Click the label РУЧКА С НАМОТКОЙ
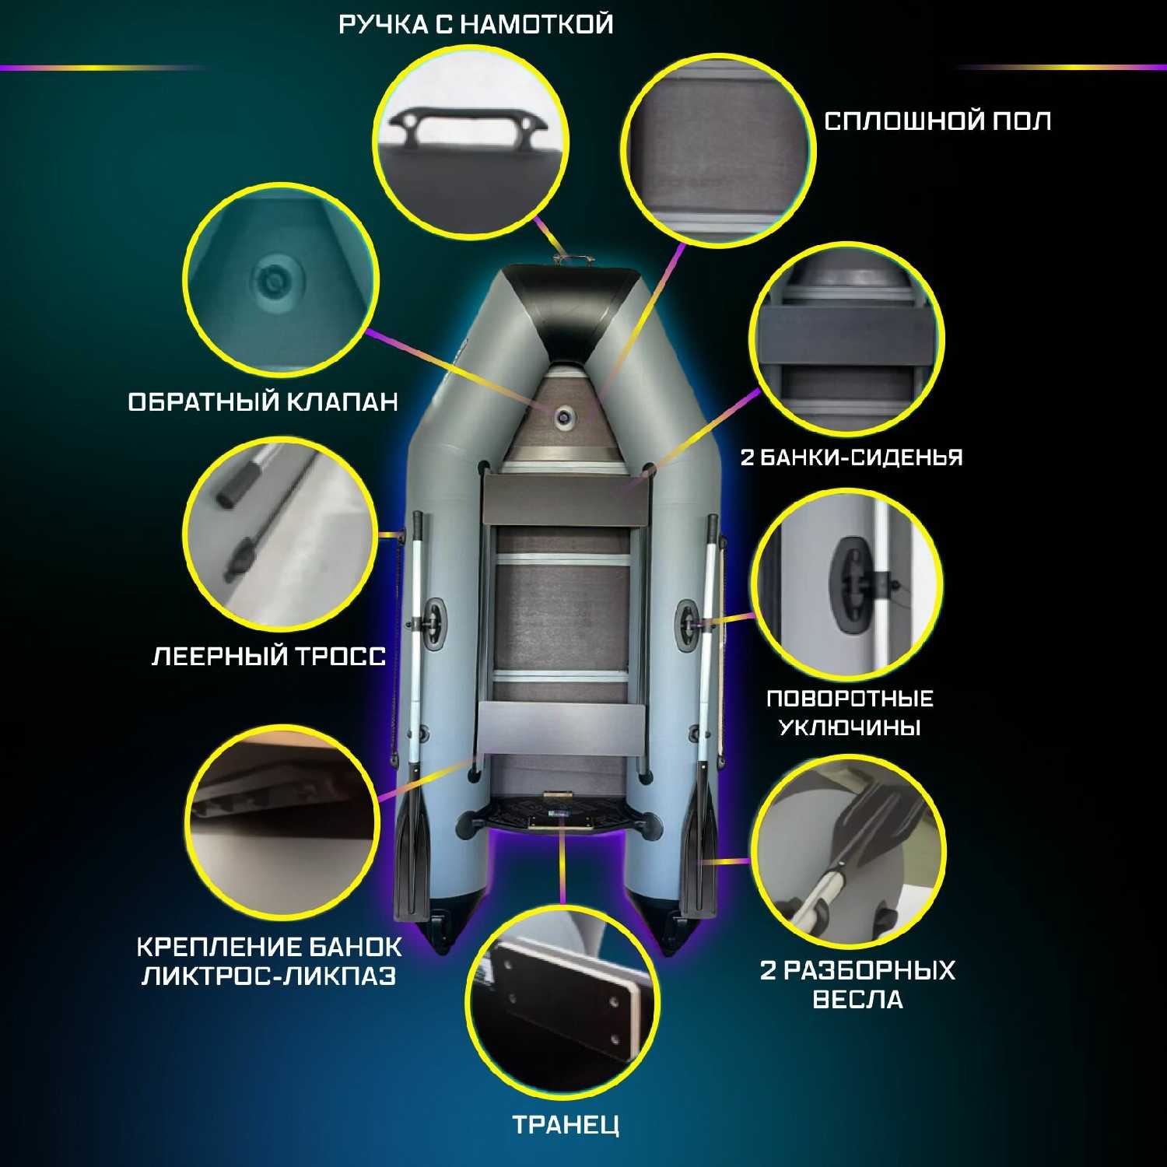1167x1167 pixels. pos(476,24)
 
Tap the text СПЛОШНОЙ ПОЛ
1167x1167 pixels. pos(937,121)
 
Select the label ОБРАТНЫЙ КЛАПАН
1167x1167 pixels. pos(263,402)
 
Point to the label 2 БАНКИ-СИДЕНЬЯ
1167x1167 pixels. pos(851,457)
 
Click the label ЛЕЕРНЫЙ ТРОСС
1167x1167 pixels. pos(268,657)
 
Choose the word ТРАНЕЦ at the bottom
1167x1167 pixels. pos(566,1125)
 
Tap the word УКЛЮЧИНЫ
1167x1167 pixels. pos(850,727)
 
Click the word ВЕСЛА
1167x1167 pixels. pos(857,1000)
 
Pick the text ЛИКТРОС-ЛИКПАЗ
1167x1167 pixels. pos(269,976)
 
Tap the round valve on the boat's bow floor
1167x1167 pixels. pos(563,418)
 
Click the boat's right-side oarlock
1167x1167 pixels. pos(689,620)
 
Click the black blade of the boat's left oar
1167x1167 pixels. pos(410,860)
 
